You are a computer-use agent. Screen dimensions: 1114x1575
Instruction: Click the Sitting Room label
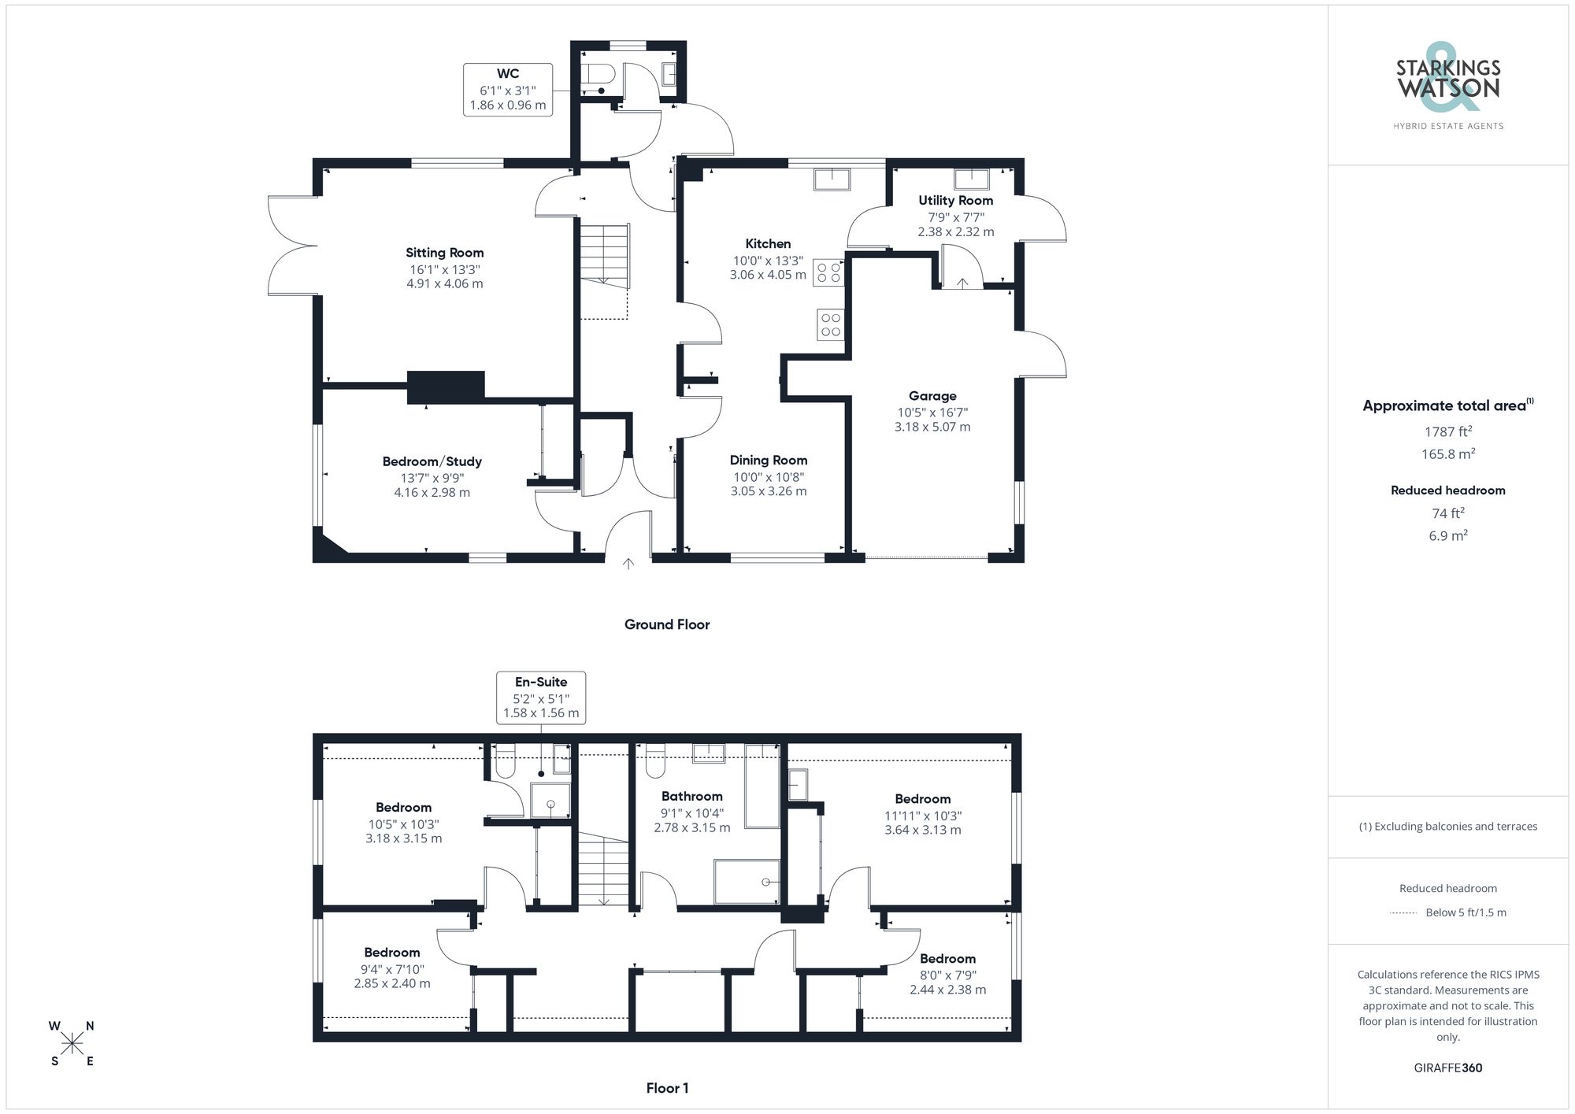pos(444,253)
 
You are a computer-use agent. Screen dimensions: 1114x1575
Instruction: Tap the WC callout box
pos(508,90)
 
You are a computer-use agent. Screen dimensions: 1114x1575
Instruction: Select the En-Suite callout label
pos(541,683)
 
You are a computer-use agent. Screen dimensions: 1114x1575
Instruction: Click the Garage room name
pos(932,396)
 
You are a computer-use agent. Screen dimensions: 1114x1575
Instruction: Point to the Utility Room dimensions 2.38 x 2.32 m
pos(955,232)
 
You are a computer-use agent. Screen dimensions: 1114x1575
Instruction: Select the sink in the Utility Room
pos(972,179)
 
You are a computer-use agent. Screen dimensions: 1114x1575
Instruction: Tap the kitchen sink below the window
pos(832,179)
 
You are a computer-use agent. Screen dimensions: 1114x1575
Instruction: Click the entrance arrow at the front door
pos(628,564)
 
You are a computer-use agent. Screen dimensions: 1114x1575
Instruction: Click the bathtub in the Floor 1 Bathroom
pos(762,785)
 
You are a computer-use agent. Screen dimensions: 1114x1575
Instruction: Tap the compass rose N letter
pos(90,1026)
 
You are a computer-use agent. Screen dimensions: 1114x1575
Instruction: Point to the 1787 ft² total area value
pos(1447,431)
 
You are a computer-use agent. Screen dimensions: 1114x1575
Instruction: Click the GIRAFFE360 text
pos(1447,1068)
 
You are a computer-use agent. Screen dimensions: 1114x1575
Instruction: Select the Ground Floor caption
pos(667,624)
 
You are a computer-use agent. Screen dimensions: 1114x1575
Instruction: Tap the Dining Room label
pos(768,461)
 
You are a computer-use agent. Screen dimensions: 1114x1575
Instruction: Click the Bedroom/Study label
pos(432,462)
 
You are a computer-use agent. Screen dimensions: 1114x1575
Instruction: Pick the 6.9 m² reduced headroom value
pos(1447,535)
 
